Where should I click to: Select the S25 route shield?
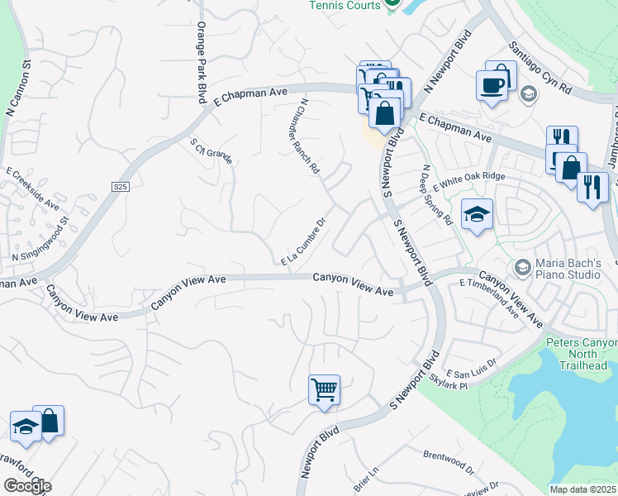(x=121, y=188)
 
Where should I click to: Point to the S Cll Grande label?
(x=211, y=150)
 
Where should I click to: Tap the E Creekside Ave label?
(x=33, y=189)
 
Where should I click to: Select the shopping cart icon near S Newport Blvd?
(x=325, y=389)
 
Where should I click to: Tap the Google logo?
(x=27, y=486)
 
